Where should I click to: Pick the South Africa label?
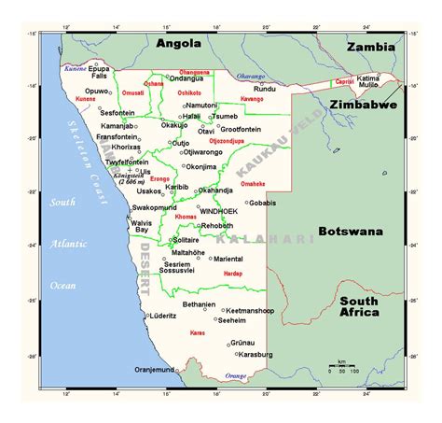pos(359,306)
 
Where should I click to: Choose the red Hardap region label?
pos(232,274)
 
